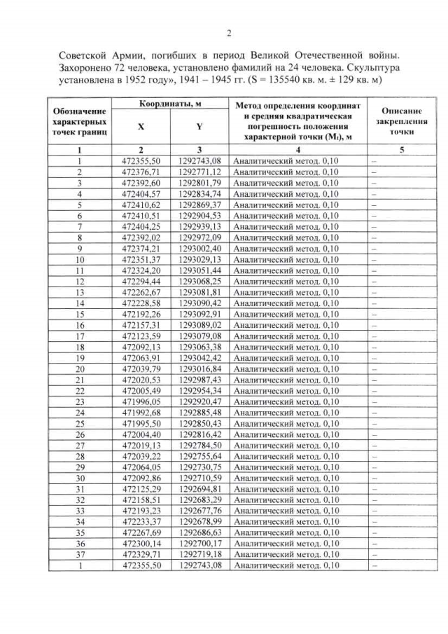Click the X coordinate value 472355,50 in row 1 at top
pos(141,161)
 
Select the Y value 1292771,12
pos(199,172)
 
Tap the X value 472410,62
pos(141,205)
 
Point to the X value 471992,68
pos(141,413)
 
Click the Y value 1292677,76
pos(199,511)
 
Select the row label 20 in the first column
pos(80,368)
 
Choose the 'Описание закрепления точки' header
pos(401,120)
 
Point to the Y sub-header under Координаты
pos(199,128)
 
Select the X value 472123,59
pos(141,336)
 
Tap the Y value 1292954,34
pos(199,390)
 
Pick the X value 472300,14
pos(141,544)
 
